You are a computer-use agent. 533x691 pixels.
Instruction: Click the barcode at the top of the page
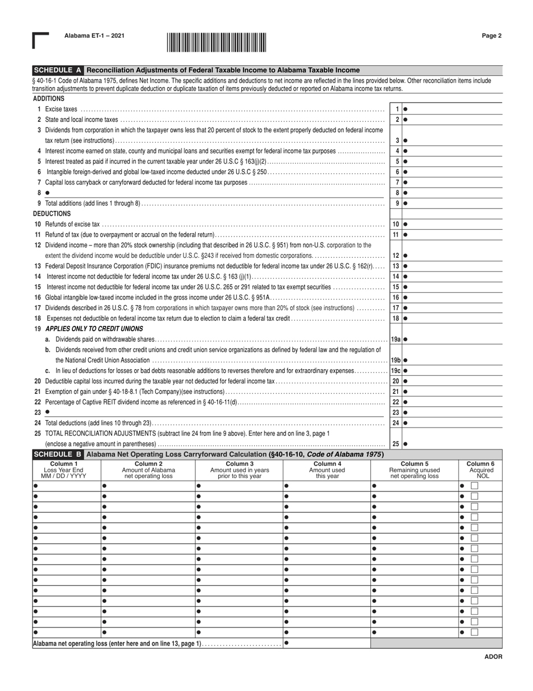(216, 43)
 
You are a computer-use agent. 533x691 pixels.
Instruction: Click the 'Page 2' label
(491, 36)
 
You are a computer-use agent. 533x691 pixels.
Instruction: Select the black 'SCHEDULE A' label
(58, 71)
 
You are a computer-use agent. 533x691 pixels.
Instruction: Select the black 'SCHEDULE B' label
(58, 454)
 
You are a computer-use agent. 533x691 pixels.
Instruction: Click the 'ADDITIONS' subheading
(49, 99)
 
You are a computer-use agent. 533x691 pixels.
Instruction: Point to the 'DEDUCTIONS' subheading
(52, 214)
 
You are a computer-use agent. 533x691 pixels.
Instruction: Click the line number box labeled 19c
(396, 371)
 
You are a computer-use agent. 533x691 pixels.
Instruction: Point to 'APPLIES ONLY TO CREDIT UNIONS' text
(94, 329)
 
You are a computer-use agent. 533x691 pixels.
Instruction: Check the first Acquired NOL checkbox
(475, 485)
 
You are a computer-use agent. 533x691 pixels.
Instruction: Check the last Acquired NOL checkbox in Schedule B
(475, 632)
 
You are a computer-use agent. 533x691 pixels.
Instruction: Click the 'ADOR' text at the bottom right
(494, 657)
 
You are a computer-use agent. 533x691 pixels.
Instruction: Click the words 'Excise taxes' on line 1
(61, 110)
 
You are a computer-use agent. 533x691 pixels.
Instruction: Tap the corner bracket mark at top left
(40, 40)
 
